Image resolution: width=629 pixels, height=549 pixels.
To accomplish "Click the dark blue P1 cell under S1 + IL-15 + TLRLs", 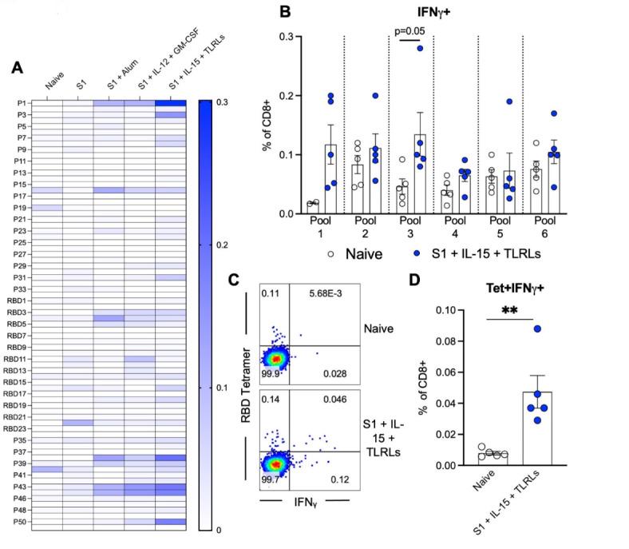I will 170,103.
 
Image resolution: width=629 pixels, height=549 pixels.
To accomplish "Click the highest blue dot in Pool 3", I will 420,48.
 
